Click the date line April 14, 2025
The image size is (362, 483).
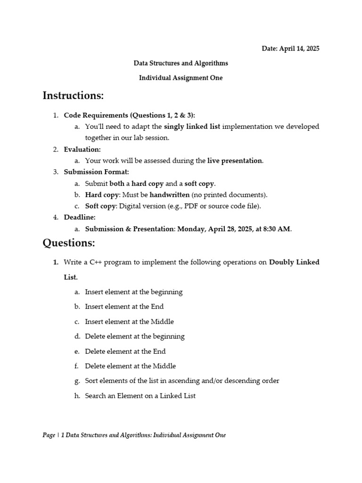[290, 49]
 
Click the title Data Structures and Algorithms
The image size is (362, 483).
[181, 63]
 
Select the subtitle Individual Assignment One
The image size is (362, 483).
[181, 78]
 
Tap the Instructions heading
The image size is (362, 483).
[73, 96]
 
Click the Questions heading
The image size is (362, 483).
[69, 243]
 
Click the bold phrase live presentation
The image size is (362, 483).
[235, 160]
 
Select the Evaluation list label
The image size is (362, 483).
[82, 149]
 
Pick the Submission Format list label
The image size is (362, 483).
[96, 172]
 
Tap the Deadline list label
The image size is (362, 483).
[80, 217]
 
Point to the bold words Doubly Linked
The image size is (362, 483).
[294, 262]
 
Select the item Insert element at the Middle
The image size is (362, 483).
[129, 321]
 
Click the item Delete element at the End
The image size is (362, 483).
[125, 351]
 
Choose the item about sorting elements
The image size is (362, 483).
[182, 381]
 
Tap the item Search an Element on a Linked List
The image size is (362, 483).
[140, 396]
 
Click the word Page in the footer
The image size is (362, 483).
[49, 435]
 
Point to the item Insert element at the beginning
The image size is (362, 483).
[133, 291]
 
